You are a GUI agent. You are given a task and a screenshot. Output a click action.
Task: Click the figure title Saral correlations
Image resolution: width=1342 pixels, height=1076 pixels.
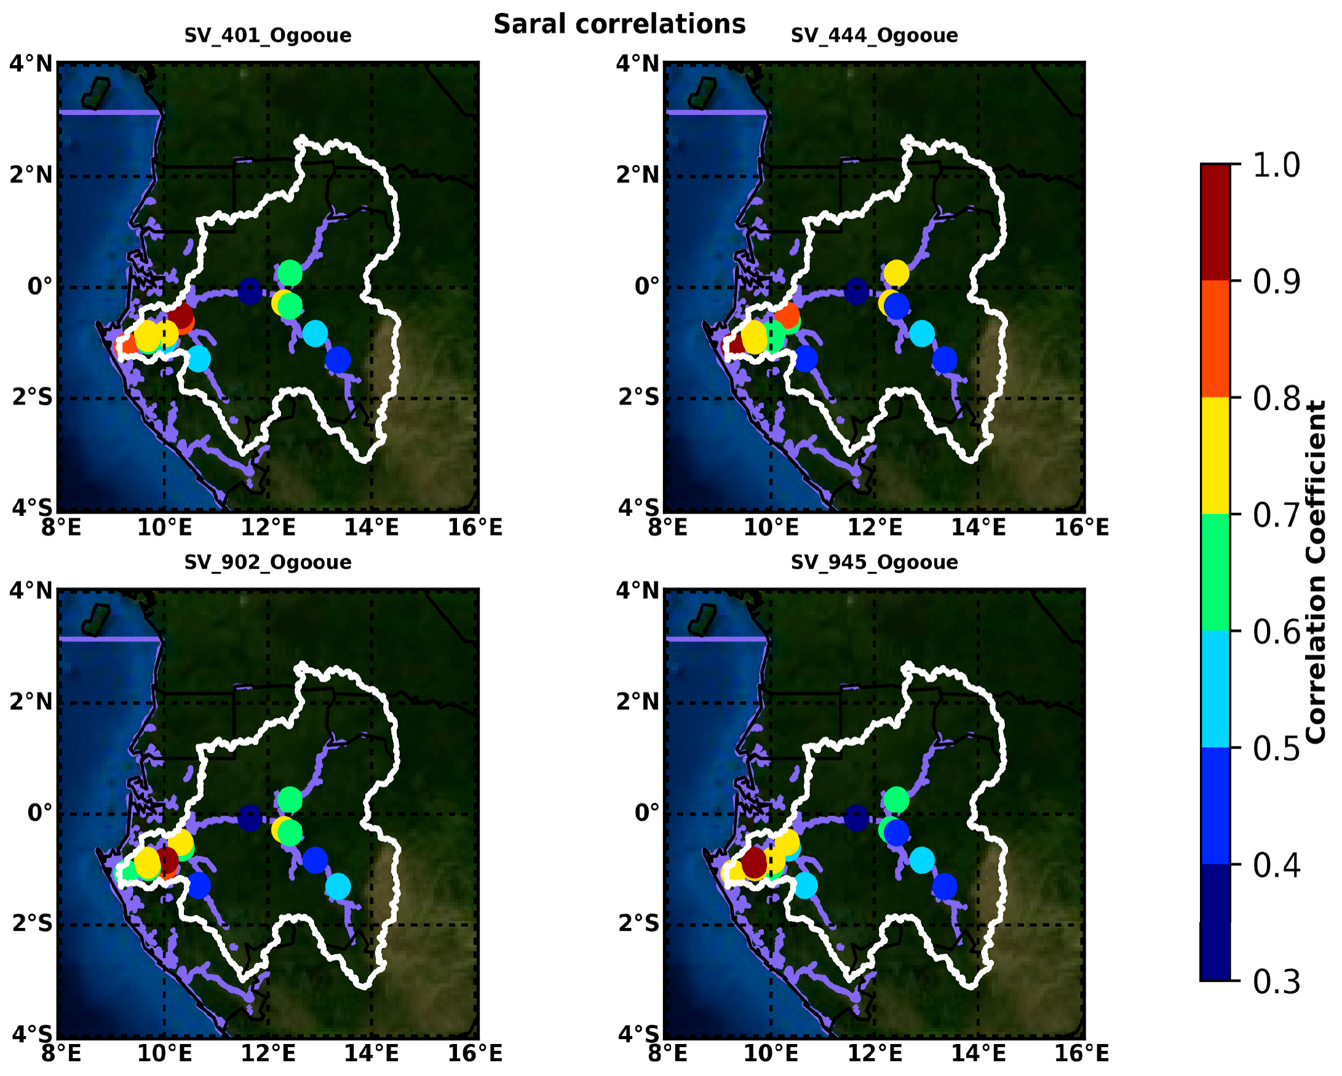[x=619, y=25]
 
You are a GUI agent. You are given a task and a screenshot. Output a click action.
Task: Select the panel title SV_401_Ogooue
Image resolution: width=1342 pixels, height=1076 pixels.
[x=268, y=36]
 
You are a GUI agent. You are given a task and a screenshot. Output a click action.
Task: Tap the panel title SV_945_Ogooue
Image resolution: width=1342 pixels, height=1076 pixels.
[x=874, y=563]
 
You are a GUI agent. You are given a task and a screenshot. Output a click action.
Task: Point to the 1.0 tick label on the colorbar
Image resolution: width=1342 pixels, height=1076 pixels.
[x=1276, y=166]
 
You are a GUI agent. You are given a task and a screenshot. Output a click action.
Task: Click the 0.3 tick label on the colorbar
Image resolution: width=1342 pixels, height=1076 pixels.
[x=1276, y=982]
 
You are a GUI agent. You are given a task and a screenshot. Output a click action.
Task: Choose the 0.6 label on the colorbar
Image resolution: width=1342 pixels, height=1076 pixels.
[x=1276, y=632]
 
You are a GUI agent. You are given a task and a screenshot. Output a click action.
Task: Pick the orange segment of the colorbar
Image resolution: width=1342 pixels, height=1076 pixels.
[x=1215, y=339]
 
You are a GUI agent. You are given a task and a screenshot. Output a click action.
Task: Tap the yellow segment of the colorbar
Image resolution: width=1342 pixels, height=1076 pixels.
[x=1215, y=456]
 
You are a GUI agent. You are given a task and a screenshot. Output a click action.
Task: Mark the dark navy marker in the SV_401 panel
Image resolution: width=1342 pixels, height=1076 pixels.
[x=250, y=291]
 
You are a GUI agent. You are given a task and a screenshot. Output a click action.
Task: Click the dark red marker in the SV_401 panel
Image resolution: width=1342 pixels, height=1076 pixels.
[x=180, y=316]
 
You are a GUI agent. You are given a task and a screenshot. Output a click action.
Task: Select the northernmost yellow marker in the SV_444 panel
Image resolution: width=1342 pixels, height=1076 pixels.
[x=896, y=272]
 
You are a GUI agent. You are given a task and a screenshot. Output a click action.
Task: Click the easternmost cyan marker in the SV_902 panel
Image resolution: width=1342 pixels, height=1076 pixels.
[x=338, y=886]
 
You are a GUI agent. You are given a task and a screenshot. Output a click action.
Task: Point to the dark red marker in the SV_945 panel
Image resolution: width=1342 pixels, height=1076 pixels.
[x=754, y=861]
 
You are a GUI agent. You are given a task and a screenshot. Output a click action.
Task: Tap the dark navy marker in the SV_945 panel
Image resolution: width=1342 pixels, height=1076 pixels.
[x=857, y=817]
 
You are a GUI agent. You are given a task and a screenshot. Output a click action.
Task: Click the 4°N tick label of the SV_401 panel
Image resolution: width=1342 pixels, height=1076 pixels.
[x=30, y=64]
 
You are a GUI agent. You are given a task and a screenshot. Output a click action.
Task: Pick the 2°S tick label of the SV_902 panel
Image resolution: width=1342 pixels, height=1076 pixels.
[x=33, y=924]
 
